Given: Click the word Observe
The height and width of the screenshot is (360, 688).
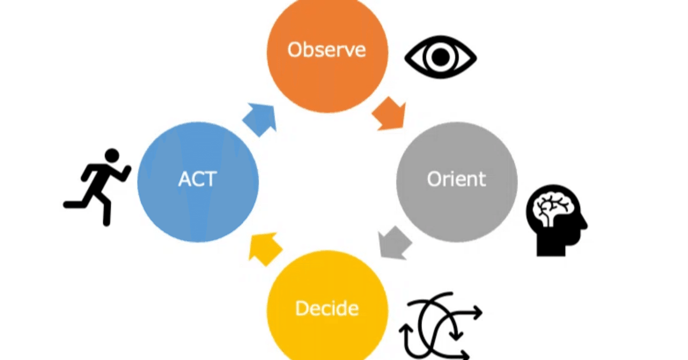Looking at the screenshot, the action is pyautogui.click(x=326, y=49).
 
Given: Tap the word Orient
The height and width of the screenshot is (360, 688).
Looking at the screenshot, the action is pyautogui.click(x=456, y=179).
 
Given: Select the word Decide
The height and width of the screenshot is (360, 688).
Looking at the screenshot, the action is pyautogui.click(x=327, y=308).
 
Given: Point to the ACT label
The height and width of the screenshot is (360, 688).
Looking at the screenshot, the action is pyautogui.click(x=198, y=179).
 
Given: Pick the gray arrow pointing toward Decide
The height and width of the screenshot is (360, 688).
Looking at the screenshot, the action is pyautogui.click(x=395, y=243).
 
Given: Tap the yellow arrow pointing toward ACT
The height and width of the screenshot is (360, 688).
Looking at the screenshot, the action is pyautogui.click(x=264, y=249).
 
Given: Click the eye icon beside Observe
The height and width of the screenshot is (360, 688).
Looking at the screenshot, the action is pyautogui.click(x=441, y=57).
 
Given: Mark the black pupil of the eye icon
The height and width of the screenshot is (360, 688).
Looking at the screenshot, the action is pyautogui.click(x=441, y=57).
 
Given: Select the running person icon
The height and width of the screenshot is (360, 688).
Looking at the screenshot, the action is pyautogui.click(x=97, y=188).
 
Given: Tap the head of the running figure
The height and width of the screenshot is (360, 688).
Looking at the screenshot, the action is pyautogui.click(x=112, y=155).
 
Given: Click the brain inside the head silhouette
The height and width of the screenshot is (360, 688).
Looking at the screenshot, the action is pyautogui.click(x=553, y=209).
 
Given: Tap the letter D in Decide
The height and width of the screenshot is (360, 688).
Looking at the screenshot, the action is pyautogui.click(x=302, y=308).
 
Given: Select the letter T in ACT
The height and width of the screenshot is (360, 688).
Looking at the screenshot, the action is pyautogui.click(x=211, y=179).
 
